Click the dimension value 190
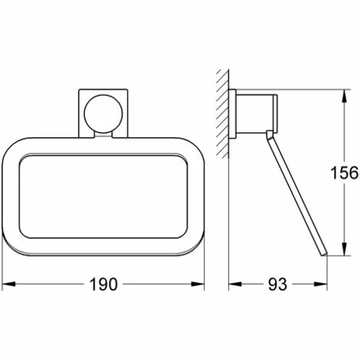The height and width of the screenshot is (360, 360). click(103, 284)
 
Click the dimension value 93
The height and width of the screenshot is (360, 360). click(277, 284)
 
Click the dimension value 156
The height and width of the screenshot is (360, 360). click(345, 172)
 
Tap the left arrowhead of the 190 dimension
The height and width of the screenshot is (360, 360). click(8, 284)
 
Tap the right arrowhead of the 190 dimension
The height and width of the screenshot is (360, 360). click(198, 284)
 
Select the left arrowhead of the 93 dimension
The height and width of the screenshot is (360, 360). click(235, 284)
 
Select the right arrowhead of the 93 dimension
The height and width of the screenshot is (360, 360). click(321, 284)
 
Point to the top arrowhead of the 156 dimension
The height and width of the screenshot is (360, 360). click(345, 97)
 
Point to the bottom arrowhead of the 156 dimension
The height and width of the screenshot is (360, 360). click(345, 248)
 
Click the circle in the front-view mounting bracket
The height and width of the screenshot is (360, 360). click(103, 114)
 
